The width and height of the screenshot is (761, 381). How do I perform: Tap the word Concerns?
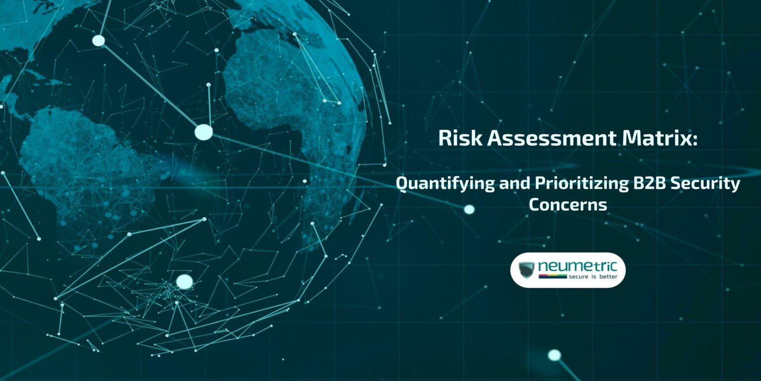568,204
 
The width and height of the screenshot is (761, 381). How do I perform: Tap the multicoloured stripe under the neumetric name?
552,273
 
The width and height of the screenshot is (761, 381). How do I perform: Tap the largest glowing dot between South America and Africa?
203,132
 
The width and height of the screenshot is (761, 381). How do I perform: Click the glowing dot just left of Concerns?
469,209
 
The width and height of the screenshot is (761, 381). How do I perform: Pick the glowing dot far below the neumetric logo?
554,355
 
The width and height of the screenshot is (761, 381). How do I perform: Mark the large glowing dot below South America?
184,282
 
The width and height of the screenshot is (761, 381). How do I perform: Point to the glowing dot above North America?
99,41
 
